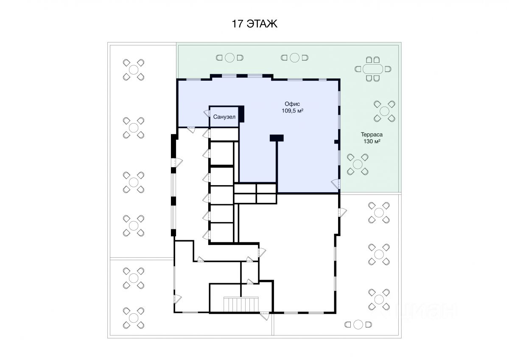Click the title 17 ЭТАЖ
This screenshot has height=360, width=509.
(254, 24)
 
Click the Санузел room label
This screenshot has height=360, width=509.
(224, 117)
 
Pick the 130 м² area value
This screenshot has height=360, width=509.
(371, 141)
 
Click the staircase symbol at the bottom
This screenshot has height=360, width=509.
(241, 304)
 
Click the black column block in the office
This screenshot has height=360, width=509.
(277, 138)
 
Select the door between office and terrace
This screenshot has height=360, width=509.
(336, 184)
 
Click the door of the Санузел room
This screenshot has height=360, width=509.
(207, 114)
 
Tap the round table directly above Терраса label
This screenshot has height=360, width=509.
(384, 111)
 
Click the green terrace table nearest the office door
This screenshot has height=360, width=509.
(357, 164)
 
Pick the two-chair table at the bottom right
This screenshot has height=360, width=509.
(358, 324)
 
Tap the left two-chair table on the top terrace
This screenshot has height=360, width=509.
(229, 57)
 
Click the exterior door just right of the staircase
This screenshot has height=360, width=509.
(265, 315)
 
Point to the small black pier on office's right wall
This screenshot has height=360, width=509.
(336, 141)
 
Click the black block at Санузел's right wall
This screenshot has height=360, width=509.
(241, 114)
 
